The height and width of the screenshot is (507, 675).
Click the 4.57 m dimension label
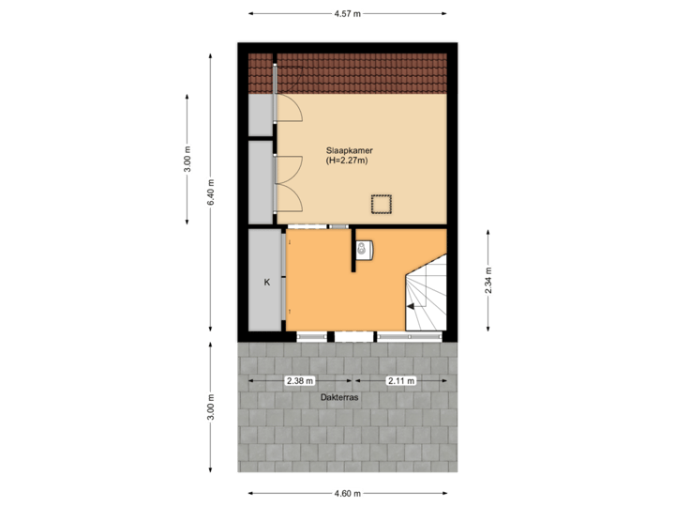[347, 14]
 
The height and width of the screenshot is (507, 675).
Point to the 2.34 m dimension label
[488, 280]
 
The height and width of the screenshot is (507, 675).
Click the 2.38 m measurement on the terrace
[299, 381]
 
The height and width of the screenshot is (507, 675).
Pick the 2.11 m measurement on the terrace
[402, 381]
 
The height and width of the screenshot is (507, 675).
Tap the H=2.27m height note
[347, 161]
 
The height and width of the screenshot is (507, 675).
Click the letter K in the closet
[266, 282]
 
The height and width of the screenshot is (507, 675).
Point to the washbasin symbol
[366, 249]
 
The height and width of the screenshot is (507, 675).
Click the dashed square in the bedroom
[382, 204]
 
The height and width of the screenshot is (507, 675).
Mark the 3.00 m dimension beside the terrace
[212, 407]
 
